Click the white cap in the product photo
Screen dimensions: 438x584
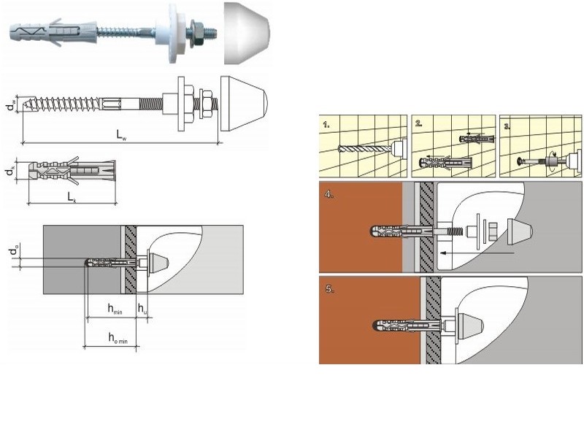click(x=246, y=33)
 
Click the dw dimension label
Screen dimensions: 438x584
click(x=9, y=105)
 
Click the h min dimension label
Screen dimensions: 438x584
click(x=114, y=311)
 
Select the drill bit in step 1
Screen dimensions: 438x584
click(x=359, y=148)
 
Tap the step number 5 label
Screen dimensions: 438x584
click(x=331, y=289)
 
